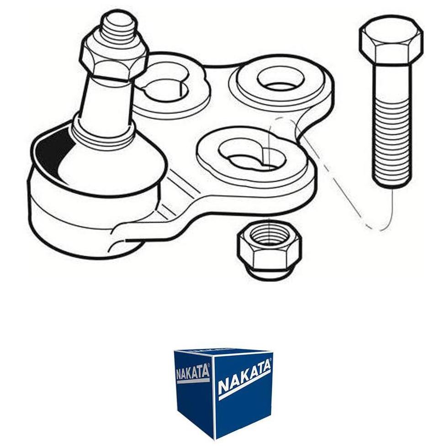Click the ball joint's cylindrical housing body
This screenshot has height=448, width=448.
pyautogui.click(x=86, y=217)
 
